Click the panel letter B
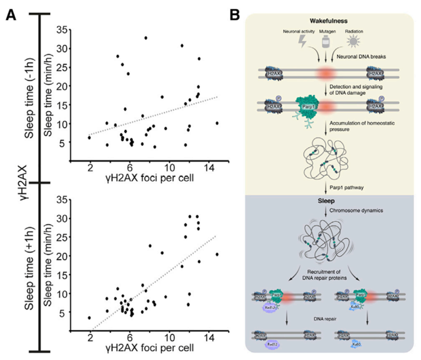[x=235, y=16]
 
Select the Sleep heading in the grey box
[x=325, y=200]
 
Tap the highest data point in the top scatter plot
[x=146, y=38]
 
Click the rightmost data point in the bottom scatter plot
[x=217, y=254]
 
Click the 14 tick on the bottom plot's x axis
[x=209, y=337]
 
